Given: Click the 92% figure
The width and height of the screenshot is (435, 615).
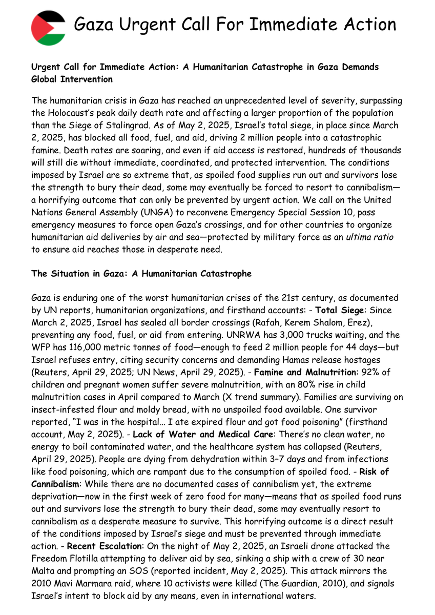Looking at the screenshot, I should point(381,372).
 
